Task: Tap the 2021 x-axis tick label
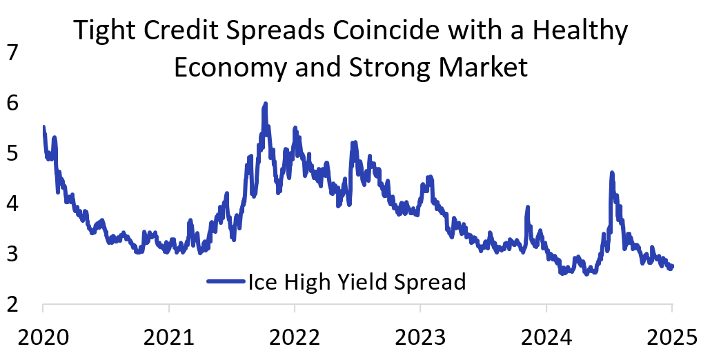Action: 168,339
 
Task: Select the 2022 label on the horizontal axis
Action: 295,339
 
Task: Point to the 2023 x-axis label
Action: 420,339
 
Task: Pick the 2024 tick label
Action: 546,339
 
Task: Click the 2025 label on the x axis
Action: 671,339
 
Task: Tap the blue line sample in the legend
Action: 226,281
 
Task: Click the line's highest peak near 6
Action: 265,104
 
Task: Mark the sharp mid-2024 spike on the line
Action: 612,173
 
